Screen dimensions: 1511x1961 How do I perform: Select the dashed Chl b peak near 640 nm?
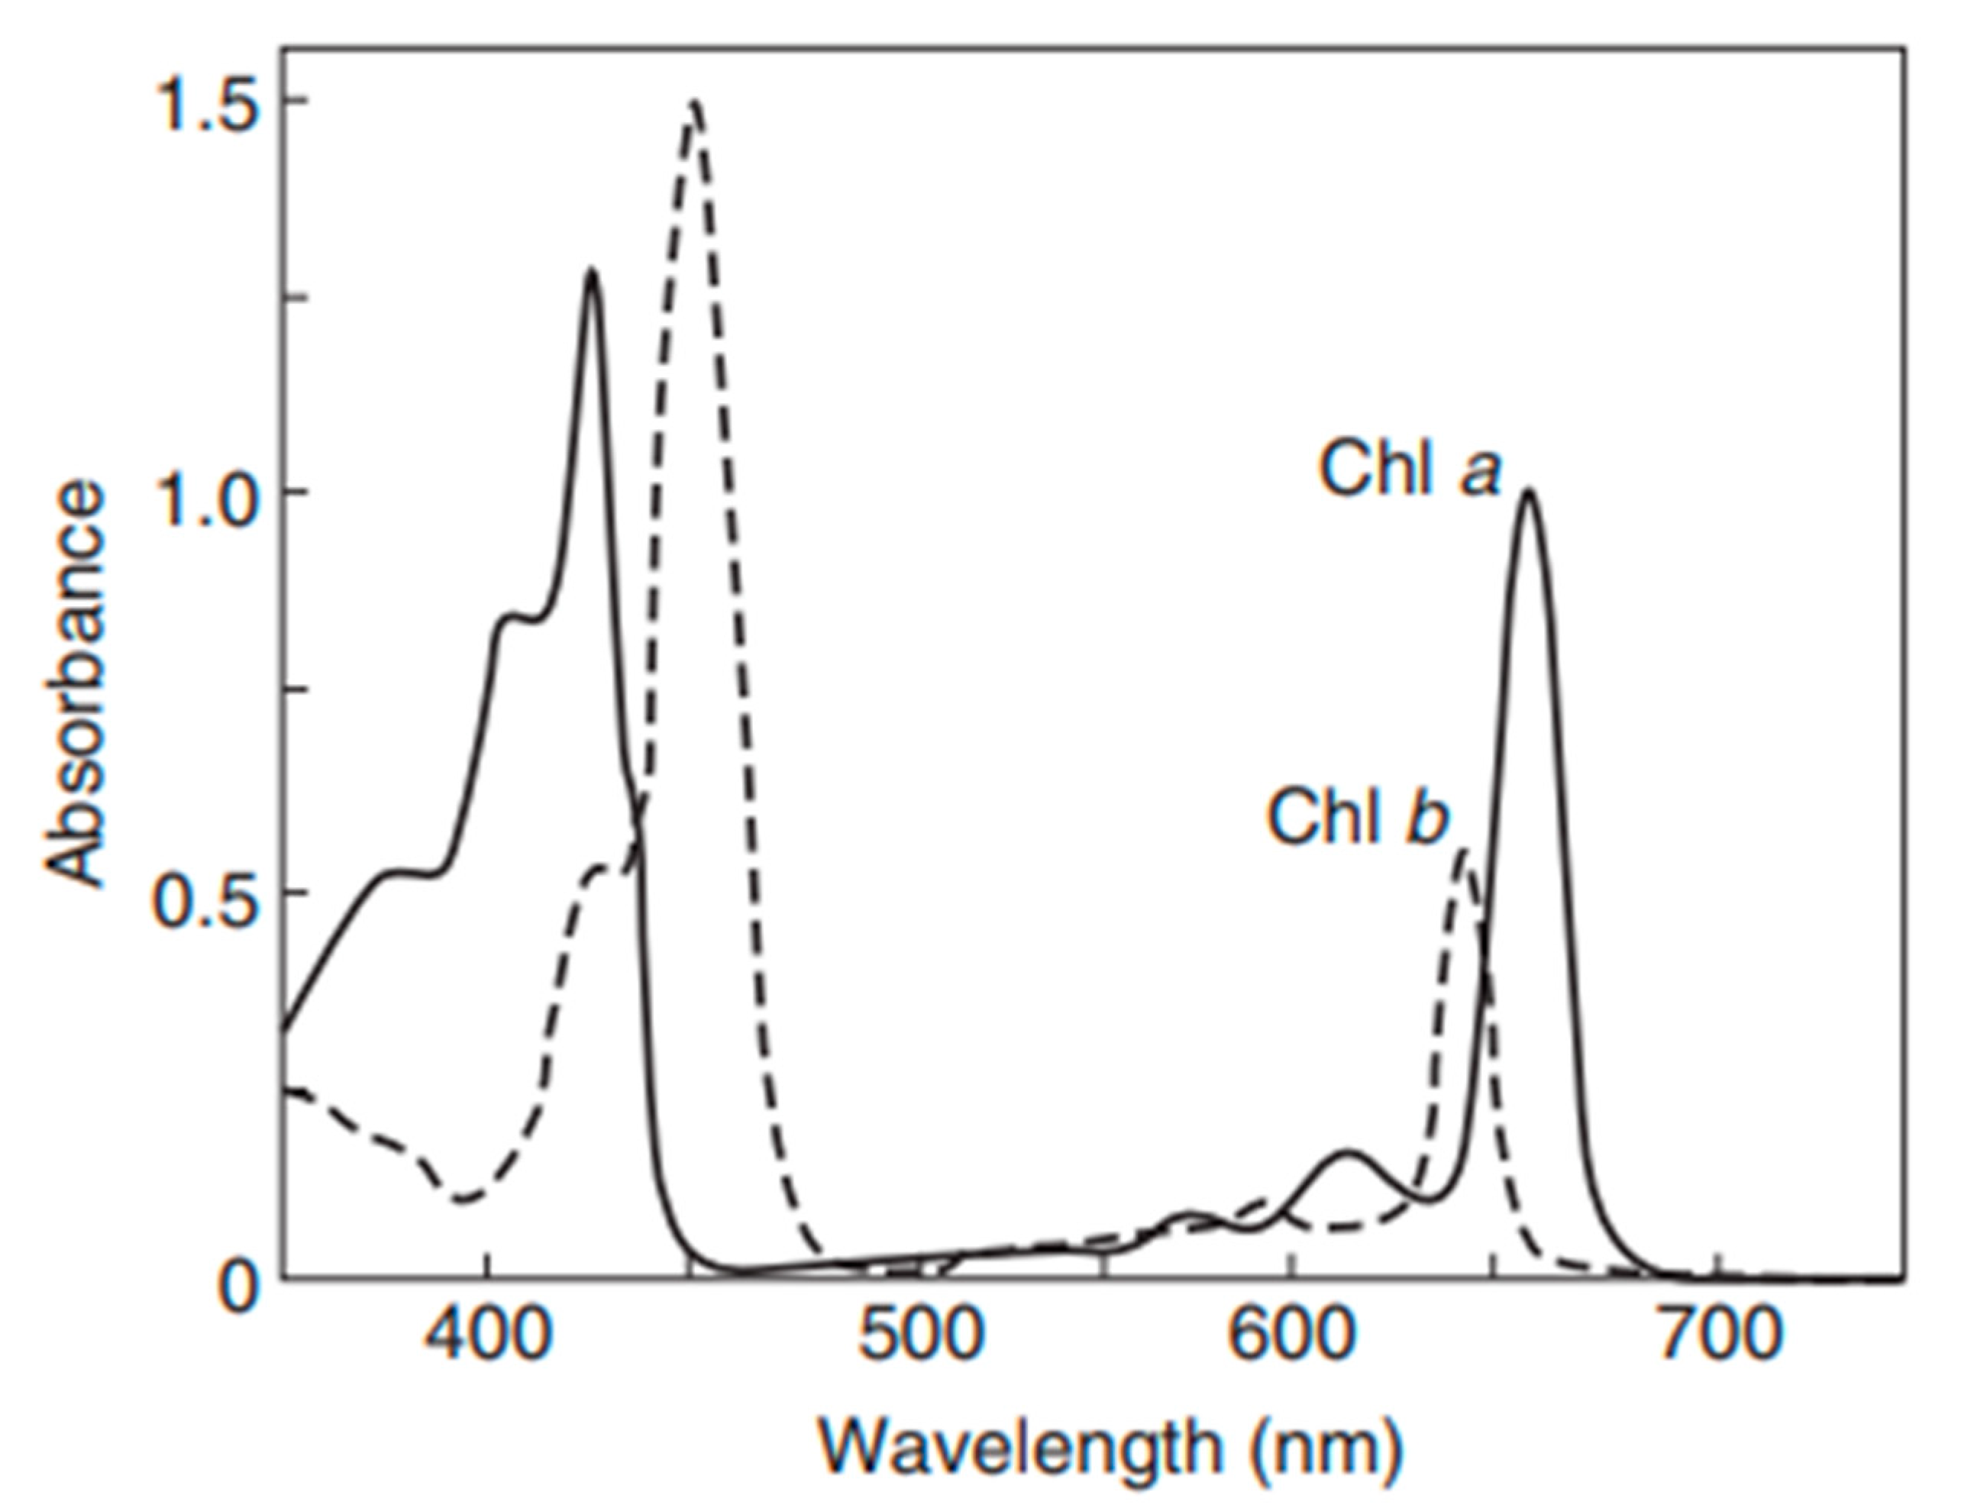(x=1464, y=851)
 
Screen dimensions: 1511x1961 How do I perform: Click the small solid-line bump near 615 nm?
(x=1347, y=1152)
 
